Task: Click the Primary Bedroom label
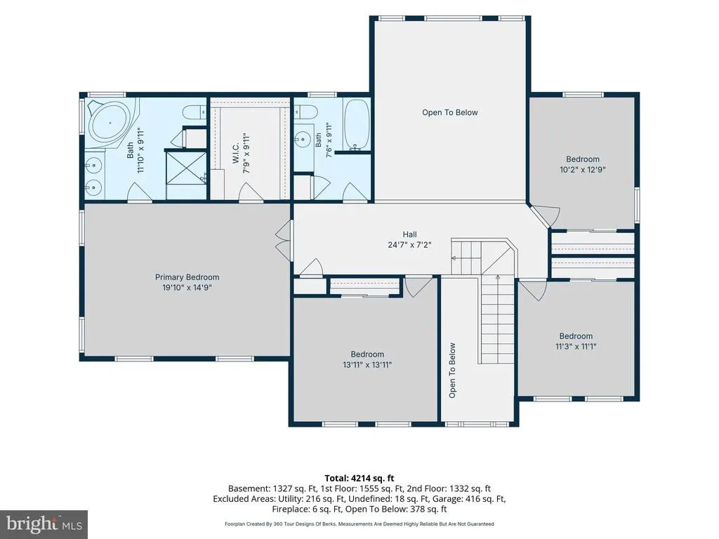187,277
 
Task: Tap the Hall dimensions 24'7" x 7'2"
409,245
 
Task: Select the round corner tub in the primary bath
110,123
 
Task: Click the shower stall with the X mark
186,168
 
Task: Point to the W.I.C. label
236,152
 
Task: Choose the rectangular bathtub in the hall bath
356,125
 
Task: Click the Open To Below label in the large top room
450,113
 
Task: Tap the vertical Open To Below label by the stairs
452,371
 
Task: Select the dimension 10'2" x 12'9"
582,170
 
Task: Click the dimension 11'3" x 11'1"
576,347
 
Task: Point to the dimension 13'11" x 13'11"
367,365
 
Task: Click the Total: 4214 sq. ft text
359,479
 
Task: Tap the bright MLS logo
44,524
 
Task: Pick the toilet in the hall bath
305,112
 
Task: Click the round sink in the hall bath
302,139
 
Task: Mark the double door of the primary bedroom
284,241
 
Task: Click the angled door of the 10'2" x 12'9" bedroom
546,215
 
